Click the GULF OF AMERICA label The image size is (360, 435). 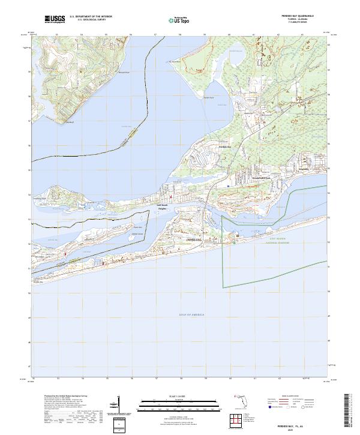(192, 314)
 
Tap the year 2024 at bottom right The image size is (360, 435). (306, 429)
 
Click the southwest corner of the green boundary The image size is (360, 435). (223, 287)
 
